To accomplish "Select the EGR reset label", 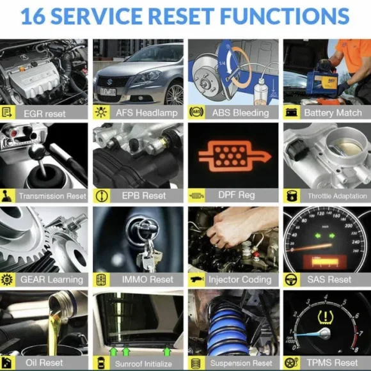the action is click(45, 114).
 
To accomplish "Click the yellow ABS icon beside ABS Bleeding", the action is click(196, 112).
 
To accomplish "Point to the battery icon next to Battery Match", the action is click(291, 112).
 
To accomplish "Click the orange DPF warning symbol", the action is click(235, 156).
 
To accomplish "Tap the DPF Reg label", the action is click(237, 195).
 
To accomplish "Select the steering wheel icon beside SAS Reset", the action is click(291, 280).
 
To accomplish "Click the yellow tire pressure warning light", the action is click(326, 317).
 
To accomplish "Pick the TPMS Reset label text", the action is click(332, 363).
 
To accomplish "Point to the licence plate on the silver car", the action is click(108, 92).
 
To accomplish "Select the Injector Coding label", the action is click(240, 280).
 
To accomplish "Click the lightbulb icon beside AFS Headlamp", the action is click(101, 112).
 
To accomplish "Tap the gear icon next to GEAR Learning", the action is click(7, 280).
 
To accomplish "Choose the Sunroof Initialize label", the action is click(143, 363).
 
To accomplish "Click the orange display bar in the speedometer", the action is click(325, 262).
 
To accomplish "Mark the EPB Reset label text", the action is click(144, 196).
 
